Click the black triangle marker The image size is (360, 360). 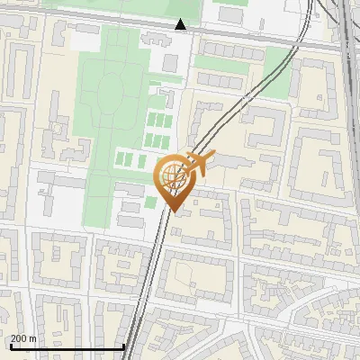[181, 25]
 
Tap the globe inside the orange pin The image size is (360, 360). [174, 176]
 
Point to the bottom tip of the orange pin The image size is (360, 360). [174, 211]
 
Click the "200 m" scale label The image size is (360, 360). [23, 338]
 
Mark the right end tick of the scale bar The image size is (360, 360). [123, 346]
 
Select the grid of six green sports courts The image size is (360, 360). [157, 130]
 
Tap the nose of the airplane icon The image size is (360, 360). [215, 158]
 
